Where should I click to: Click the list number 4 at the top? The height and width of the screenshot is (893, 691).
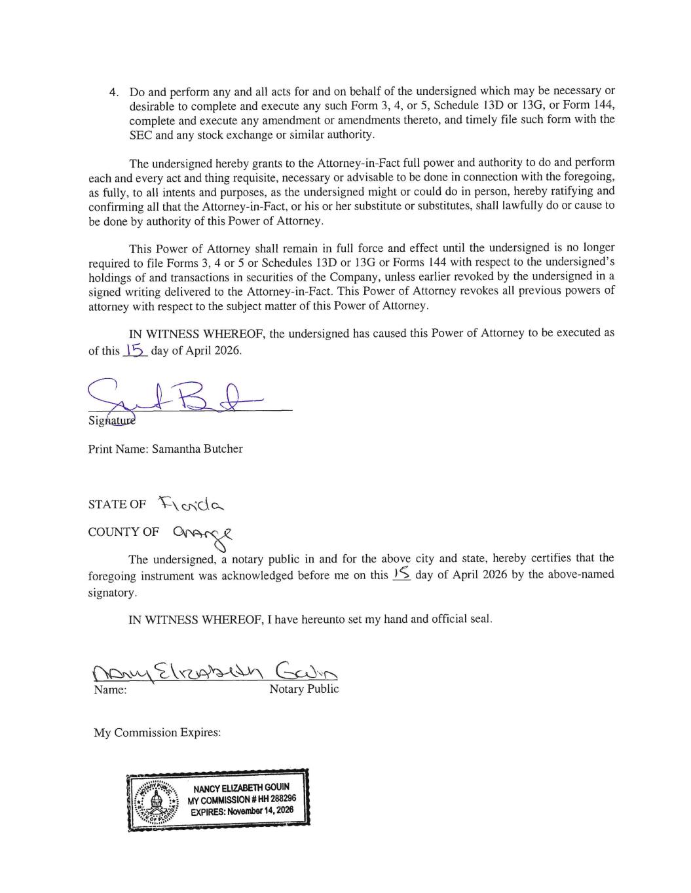(x=113, y=92)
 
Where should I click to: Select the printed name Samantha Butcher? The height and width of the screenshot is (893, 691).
(x=197, y=449)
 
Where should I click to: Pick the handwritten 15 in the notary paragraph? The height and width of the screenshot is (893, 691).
(x=402, y=574)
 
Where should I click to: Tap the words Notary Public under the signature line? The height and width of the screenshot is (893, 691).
(x=304, y=689)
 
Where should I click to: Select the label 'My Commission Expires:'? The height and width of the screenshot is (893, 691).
(x=157, y=732)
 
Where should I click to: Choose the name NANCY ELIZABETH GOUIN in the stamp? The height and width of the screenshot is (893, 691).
(x=241, y=787)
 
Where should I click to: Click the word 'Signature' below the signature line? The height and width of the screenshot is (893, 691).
(x=112, y=420)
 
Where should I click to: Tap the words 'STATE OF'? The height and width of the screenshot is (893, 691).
(x=117, y=504)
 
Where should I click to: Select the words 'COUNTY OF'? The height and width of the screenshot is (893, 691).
(x=123, y=532)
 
